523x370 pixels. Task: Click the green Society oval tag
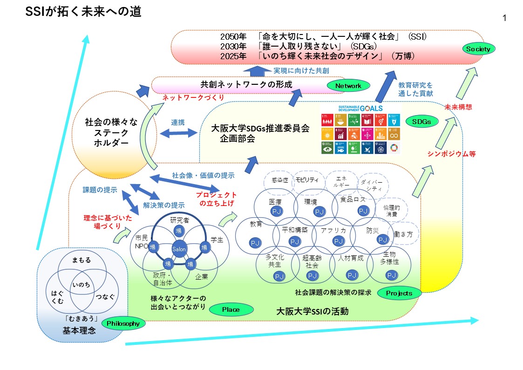click(478, 48)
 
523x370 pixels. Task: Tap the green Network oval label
click(348, 86)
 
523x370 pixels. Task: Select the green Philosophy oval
click(123, 323)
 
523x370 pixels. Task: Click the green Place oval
click(231, 309)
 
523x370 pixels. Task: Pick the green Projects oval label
click(399, 293)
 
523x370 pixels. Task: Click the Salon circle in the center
click(179, 249)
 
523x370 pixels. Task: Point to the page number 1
click(504, 18)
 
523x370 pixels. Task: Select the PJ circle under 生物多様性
click(391, 275)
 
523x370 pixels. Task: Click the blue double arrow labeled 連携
click(178, 133)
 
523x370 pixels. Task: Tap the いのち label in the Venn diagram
click(82, 284)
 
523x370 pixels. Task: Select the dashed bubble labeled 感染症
click(279, 180)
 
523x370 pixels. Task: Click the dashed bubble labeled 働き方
click(403, 234)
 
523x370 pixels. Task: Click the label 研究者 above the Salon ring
click(179, 220)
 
